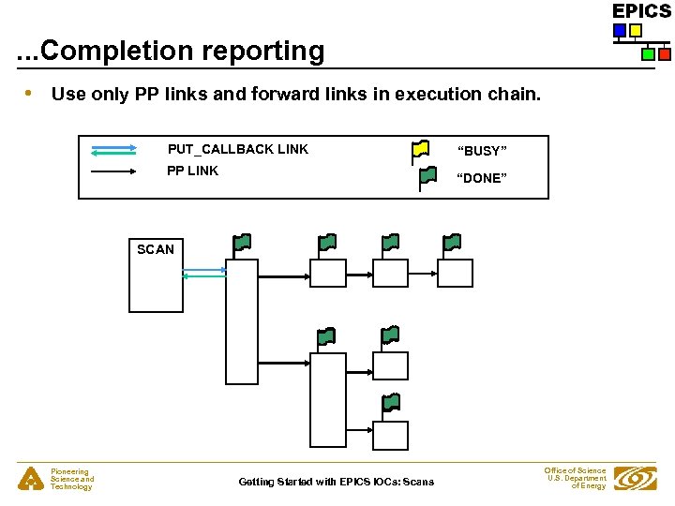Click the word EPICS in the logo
point(641,11)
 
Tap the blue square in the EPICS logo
point(620,31)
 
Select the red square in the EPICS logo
point(664,54)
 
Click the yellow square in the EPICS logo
point(636,31)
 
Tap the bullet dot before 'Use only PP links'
point(30,93)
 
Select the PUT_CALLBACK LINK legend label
point(238,149)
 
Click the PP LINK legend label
point(192,171)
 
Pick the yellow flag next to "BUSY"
point(421,148)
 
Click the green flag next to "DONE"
point(427,175)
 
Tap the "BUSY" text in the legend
point(482,151)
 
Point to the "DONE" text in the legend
point(482,178)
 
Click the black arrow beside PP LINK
point(114,172)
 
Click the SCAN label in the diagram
point(156,249)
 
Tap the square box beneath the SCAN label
point(156,286)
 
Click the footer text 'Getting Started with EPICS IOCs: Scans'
point(337,482)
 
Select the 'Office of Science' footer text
point(575,470)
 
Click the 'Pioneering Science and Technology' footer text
point(72,480)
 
